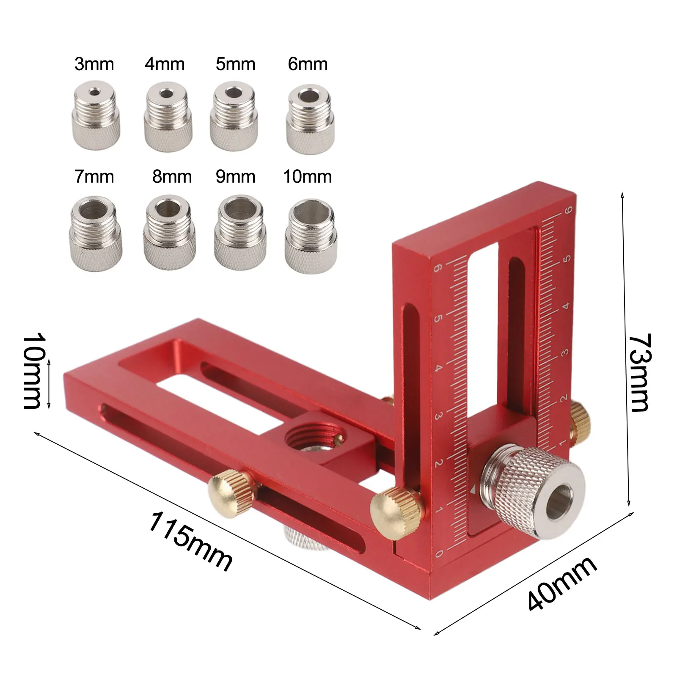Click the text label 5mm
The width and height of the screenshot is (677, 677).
coord(235,64)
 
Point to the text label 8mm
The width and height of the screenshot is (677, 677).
coord(172,176)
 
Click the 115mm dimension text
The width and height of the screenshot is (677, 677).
coord(190,542)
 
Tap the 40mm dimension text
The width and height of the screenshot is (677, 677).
coord(563,584)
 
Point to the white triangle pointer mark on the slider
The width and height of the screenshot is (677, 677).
coord(473,489)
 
